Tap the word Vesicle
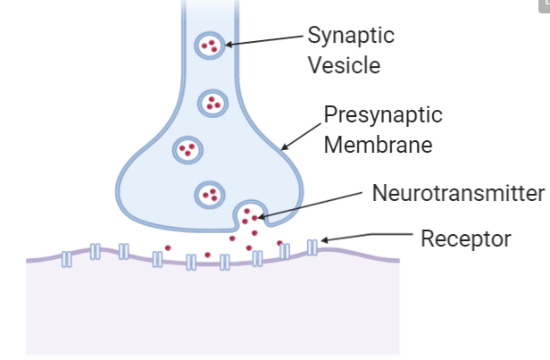(344, 65)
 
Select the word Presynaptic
(382, 115)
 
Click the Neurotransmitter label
(458, 194)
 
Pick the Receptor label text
(464, 239)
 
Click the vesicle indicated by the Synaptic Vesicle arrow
(210, 44)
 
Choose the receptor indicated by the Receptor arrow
(312, 246)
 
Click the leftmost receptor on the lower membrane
(67, 260)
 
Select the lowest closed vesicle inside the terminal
(209, 192)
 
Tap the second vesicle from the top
(212, 103)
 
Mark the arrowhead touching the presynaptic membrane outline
(282, 147)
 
